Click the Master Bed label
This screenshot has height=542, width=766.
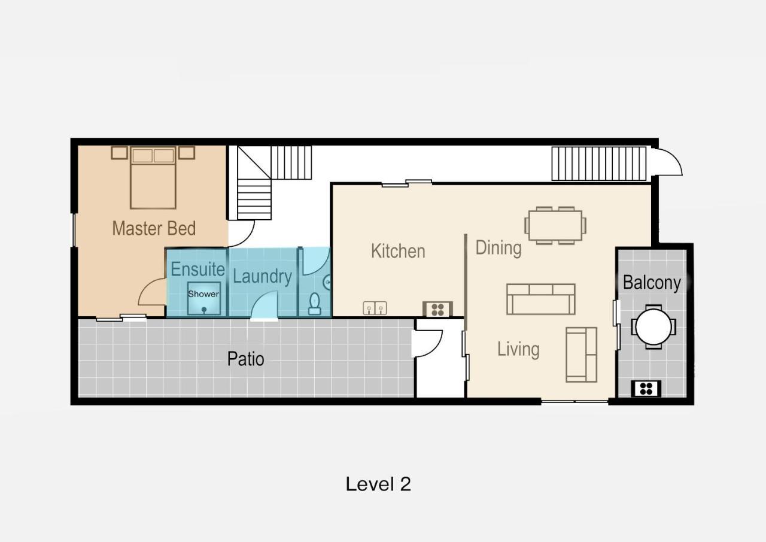pos(154,228)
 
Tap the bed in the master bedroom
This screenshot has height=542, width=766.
pos(153,178)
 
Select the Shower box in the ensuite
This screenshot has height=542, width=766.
pos(204,298)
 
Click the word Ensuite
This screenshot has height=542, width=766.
pos(197,269)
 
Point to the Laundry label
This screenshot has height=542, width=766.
pos(262,277)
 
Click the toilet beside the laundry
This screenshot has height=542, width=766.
pos(314,304)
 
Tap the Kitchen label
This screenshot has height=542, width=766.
pos(398,251)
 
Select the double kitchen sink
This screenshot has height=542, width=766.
pos(375,308)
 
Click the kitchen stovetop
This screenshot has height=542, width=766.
pos(437,309)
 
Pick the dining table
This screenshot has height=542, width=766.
pos(555,226)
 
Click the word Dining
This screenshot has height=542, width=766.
pos(498,248)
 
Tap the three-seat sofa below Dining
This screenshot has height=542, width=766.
pos(540,299)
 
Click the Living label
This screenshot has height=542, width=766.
pos(518,349)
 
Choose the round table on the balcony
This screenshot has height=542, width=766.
pos(653,327)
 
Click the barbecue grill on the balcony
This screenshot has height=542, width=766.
pos(646,389)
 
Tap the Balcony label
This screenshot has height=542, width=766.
pos(652,283)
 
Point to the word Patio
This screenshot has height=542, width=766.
pos(245,359)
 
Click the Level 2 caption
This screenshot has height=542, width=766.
pos(378,484)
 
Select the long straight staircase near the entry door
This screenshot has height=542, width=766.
pos(599,163)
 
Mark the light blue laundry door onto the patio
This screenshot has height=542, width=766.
pos(264,306)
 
